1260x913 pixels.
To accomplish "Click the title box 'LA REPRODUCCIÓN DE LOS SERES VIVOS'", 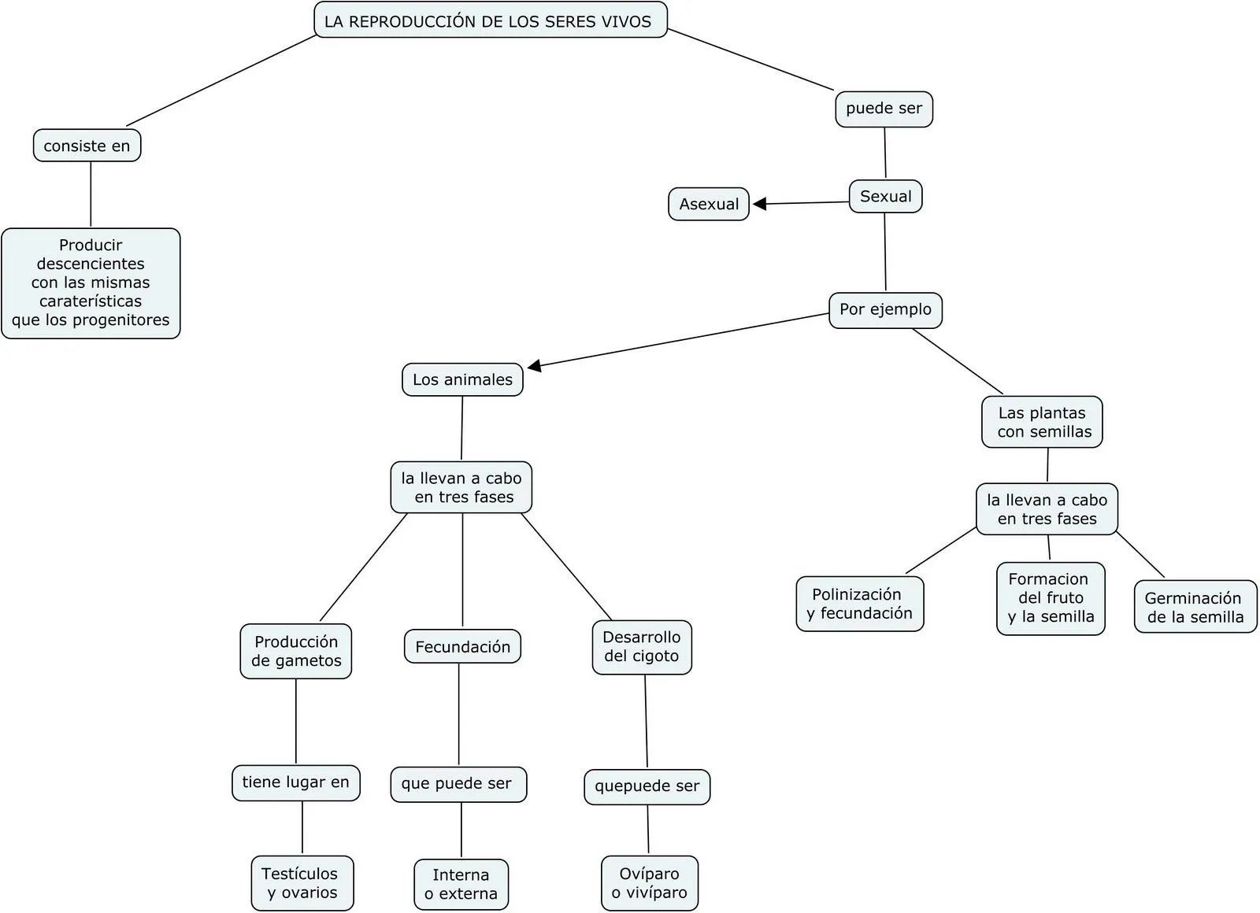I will click(x=490, y=20).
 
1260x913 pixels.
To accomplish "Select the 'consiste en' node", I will click(x=87, y=146).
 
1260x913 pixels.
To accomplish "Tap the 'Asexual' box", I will click(x=709, y=204).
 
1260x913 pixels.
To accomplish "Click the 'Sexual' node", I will click(x=885, y=196).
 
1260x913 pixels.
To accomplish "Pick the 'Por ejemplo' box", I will click(x=885, y=309).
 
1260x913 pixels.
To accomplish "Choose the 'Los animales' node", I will click(x=462, y=379).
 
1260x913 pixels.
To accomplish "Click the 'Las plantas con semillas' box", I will click(x=1042, y=422).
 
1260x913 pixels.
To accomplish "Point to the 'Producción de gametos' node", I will click(x=296, y=651).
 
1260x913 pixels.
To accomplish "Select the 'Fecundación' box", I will click(x=462, y=646).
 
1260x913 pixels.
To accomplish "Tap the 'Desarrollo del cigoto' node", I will click(x=642, y=647).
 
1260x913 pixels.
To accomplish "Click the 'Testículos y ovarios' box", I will click(x=302, y=883).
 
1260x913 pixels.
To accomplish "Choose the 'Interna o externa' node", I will click(x=461, y=884).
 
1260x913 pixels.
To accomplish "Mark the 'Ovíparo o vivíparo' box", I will click(x=650, y=883).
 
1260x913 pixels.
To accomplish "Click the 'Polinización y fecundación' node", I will click(x=859, y=604).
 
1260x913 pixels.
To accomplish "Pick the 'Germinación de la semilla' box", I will click(x=1195, y=607).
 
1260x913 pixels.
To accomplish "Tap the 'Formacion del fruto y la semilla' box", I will click(x=1051, y=598).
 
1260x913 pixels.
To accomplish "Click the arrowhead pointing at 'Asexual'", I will click(x=759, y=204).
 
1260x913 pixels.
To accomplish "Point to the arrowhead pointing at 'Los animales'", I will click(x=535, y=366).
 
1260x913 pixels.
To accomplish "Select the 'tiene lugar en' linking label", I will click(x=295, y=782).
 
